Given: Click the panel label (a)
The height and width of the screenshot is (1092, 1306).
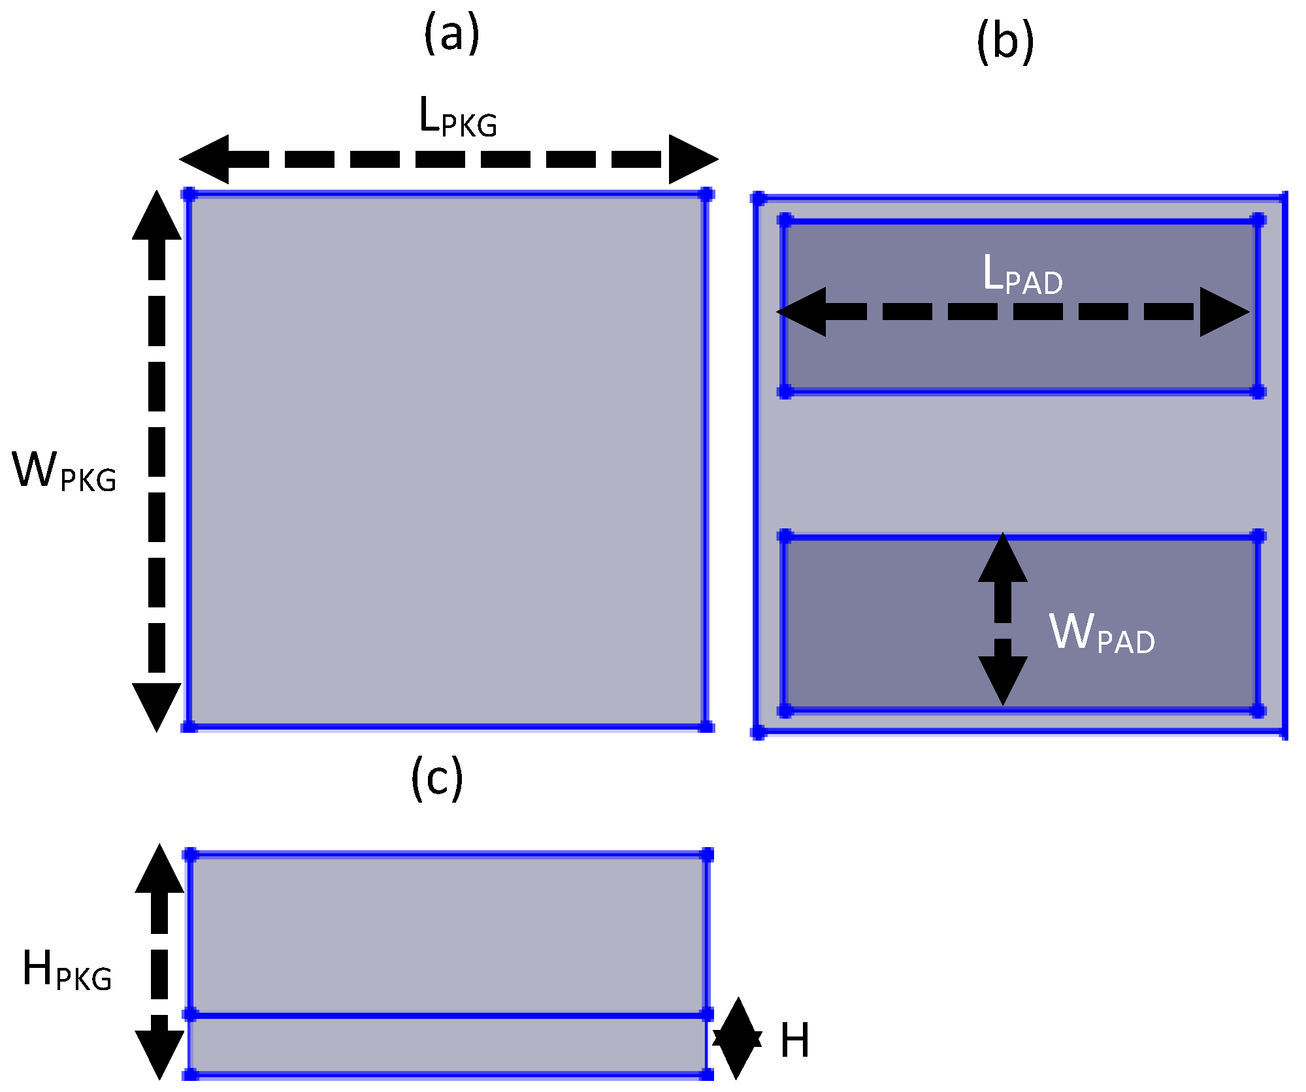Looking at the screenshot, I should pyautogui.click(x=451, y=35).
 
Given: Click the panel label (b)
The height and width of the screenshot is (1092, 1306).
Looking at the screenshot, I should pyautogui.click(x=1005, y=42).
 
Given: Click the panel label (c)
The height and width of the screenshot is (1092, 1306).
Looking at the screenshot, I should pyautogui.click(x=437, y=778).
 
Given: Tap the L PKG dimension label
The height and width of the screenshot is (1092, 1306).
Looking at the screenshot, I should pyautogui.click(x=457, y=118).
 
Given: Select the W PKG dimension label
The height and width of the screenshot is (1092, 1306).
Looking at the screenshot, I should pyautogui.click(x=64, y=472).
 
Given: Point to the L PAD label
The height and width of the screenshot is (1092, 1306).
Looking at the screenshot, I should pyautogui.click(x=1022, y=275).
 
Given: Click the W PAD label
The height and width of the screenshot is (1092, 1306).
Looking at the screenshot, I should pyautogui.click(x=1102, y=633).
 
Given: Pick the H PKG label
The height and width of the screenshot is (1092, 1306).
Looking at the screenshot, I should pyautogui.click(x=67, y=971).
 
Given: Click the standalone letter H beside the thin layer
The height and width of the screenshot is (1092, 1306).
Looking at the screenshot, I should pyautogui.click(x=794, y=1040).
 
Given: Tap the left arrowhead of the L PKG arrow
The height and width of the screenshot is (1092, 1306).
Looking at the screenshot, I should pyautogui.click(x=204, y=159).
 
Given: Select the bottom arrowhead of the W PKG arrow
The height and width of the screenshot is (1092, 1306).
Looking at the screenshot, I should pyautogui.click(x=157, y=705).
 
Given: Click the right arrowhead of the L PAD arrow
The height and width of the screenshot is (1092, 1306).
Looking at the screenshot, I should pyautogui.click(x=1224, y=312).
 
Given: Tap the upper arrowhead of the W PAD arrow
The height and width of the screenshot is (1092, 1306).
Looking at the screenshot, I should pyautogui.click(x=1002, y=559).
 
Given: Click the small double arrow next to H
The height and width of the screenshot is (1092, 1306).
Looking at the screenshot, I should pyautogui.click(x=737, y=1038).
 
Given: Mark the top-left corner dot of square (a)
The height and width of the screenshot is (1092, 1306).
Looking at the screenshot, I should pyautogui.click(x=189, y=194).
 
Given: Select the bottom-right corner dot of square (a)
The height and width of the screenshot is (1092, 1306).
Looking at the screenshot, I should pyautogui.click(x=706, y=726).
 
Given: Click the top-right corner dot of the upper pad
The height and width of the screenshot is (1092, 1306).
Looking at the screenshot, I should pyautogui.click(x=1258, y=219).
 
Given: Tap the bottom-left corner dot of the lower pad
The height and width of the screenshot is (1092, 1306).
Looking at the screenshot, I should pyautogui.click(x=785, y=711).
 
